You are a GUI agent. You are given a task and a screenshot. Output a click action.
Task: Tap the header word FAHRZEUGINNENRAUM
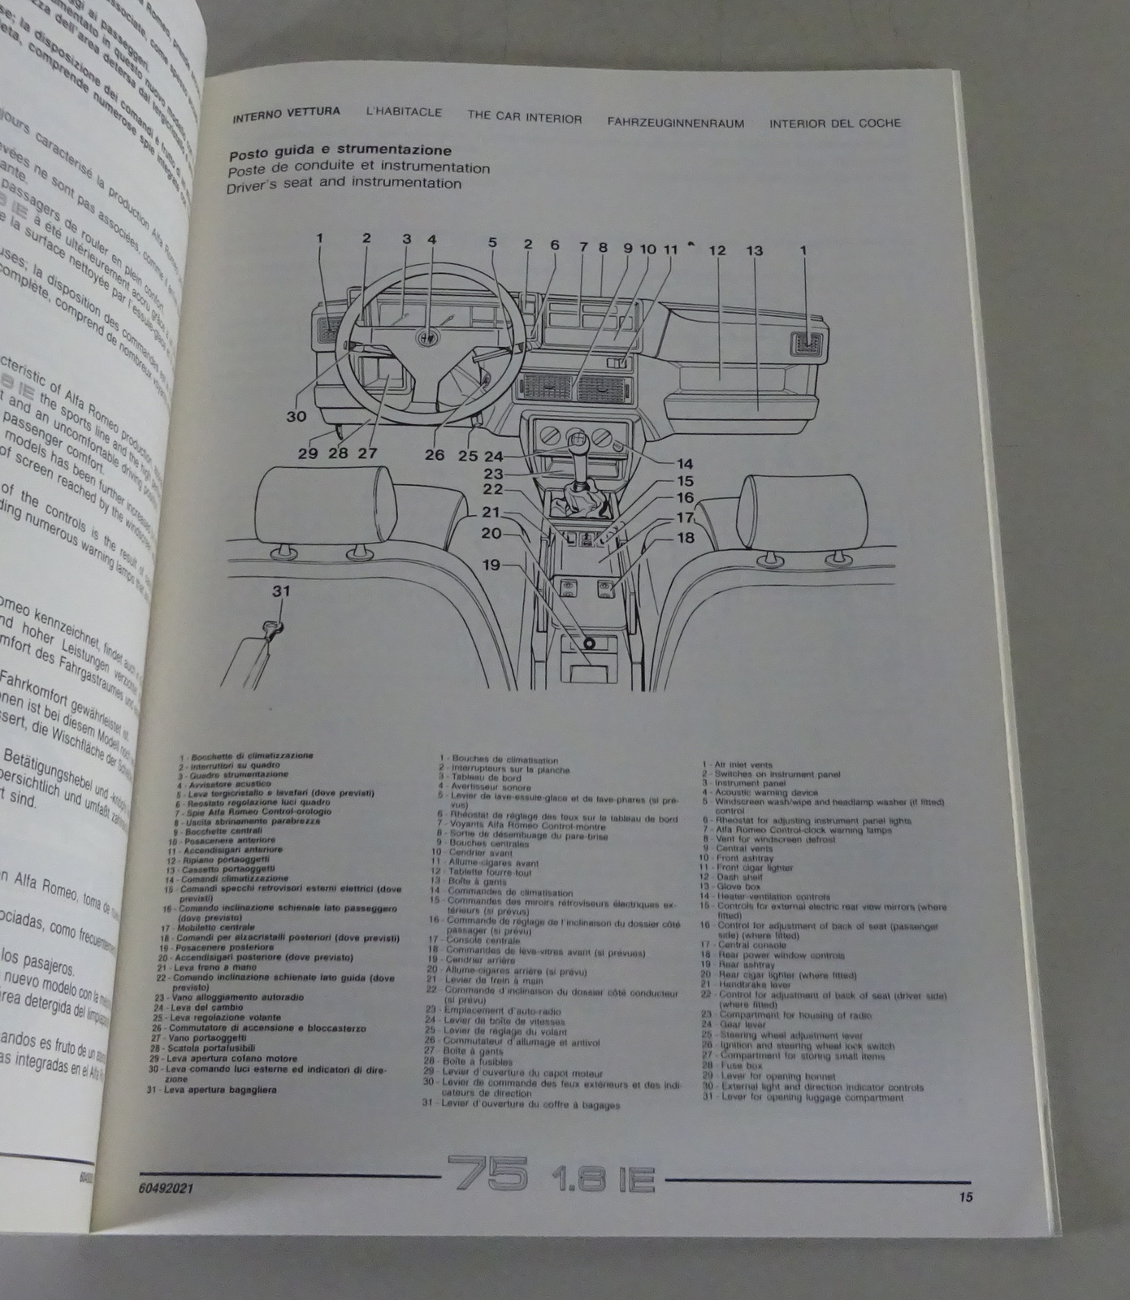coord(676,122)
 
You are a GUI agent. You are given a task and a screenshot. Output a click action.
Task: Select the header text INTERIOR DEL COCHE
coord(834,123)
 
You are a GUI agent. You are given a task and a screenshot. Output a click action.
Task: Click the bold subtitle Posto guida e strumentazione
coord(340,151)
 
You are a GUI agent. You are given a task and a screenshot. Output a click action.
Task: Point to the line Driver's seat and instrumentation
coord(344,184)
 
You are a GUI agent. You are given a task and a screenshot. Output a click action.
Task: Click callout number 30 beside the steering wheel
coord(296,416)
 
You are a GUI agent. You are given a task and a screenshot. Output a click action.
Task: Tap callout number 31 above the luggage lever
coord(280,591)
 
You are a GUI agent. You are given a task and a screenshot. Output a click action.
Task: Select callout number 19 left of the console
coord(492,564)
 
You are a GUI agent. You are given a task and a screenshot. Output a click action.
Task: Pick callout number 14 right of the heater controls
coord(685,464)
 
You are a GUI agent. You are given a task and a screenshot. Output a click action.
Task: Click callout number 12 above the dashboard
coord(717,250)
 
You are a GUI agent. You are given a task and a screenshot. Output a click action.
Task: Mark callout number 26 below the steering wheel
coord(434,455)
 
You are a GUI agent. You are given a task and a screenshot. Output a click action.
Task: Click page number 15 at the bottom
coord(965,1196)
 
